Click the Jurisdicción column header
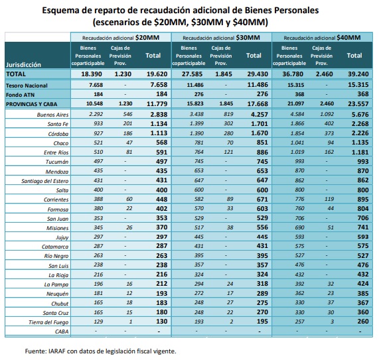pyautogui.click(x=23, y=65)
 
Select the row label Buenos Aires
pyautogui.click(x=52, y=115)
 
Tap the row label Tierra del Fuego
pyautogui.click(x=48, y=322)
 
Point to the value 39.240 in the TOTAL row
pyautogui.click(x=358, y=74)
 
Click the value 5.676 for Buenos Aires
pyautogui.click(x=360, y=115)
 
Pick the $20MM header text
pyautogui.click(x=147, y=38)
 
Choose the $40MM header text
pyautogui.click(x=348, y=38)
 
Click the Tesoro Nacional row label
pyautogui.click(x=27, y=86)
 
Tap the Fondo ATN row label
pyautogui.click(x=21, y=95)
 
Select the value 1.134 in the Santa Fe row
pyautogui.click(x=159, y=124)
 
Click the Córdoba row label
pyautogui.click(x=58, y=134)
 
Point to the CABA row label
pyautogui.click(x=62, y=331)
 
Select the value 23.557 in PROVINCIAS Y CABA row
pyautogui.click(x=358, y=104)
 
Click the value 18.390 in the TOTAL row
pyautogui.click(x=92, y=74)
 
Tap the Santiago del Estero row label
pyautogui.click(x=45, y=181)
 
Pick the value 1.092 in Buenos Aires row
pyautogui.click(x=327, y=114)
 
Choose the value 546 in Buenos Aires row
pyautogui.click(x=127, y=114)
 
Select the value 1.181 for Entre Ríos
pyautogui.click(x=360, y=152)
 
